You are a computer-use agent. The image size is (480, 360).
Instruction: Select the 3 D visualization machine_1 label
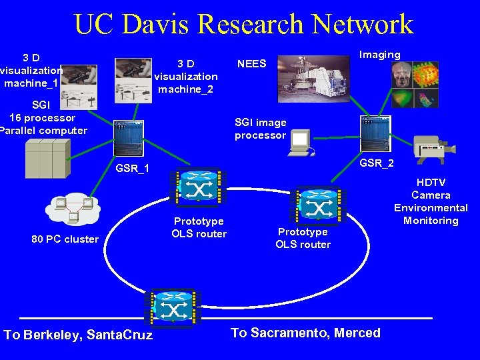click(31, 70)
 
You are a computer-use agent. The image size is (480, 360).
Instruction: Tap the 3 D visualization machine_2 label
click(186, 77)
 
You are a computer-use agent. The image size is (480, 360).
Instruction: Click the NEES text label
click(252, 64)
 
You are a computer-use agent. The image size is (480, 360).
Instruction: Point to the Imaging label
click(379, 55)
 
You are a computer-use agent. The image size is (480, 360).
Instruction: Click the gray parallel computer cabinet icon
click(46, 161)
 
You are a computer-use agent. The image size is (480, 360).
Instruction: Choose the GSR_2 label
click(377, 163)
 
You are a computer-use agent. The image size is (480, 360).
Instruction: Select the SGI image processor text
click(260, 129)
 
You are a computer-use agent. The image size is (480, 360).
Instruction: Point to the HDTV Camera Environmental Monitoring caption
click(431, 201)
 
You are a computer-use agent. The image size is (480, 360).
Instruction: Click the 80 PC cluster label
click(65, 239)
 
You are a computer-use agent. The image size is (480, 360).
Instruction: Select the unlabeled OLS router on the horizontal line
click(173, 309)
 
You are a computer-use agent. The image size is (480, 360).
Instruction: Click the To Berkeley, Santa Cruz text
click(78, 335)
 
